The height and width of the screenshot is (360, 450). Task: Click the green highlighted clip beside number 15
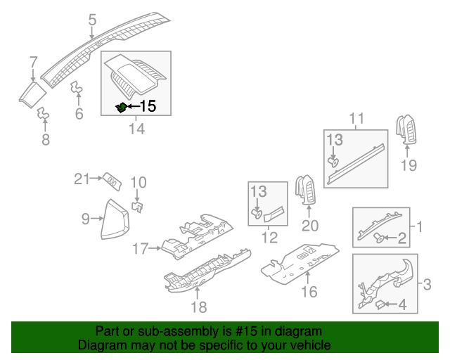121,108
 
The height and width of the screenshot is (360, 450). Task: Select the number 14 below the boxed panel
136,129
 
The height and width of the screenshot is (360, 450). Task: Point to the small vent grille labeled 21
112,181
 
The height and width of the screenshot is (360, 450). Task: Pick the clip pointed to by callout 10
139,206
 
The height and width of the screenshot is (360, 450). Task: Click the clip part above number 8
43,112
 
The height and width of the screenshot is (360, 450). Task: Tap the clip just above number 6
77,89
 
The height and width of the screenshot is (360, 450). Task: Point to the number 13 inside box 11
333,141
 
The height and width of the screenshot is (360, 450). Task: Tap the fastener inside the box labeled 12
257,211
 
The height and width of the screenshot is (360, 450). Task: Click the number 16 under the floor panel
309,291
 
